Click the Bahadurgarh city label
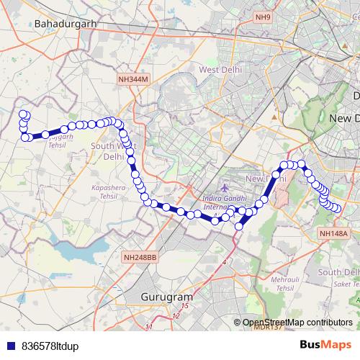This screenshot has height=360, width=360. tap(65, 23)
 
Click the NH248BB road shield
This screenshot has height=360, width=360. tap(140, 256)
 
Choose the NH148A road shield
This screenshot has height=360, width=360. tap(334, 233)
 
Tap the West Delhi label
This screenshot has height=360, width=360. tap(219, 70)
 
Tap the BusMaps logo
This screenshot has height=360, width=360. tap(326, 345)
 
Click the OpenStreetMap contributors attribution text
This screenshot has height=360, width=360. tap(297, 323)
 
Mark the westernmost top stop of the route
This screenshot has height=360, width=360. tap(22, 114)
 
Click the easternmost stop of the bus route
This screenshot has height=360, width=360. tap(336, 208)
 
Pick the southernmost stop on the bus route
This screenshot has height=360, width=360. tap(239, 227)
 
